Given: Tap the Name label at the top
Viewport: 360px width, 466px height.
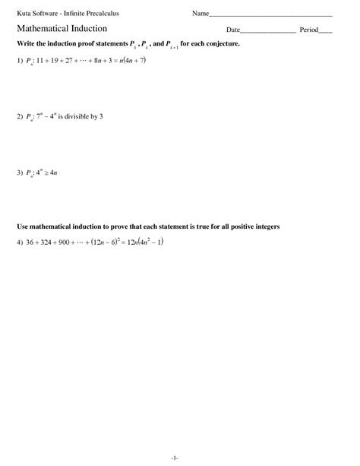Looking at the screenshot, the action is click(x=200, y=14).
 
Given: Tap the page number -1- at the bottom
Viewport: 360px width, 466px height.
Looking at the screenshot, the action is click(x=175, y=457).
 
